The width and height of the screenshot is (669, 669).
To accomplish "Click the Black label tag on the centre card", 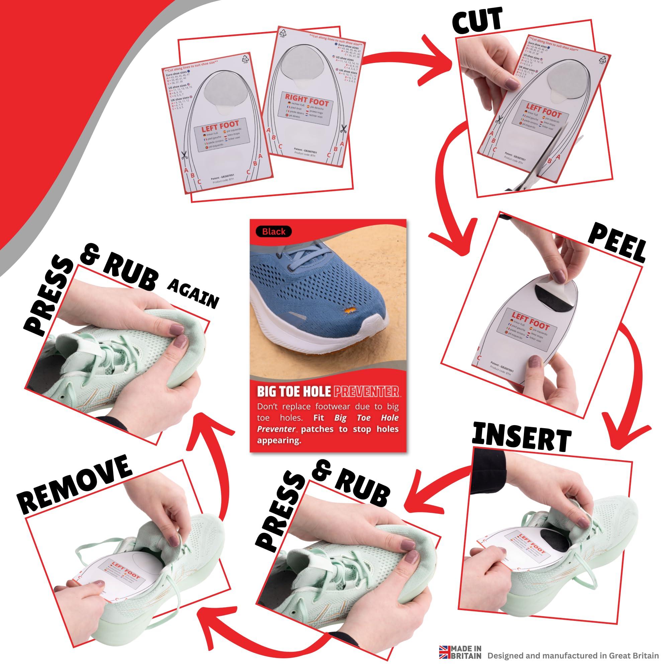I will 274,231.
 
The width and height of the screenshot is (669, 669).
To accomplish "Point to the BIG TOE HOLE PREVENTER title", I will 327,391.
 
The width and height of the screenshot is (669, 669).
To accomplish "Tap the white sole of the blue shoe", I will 329,338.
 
